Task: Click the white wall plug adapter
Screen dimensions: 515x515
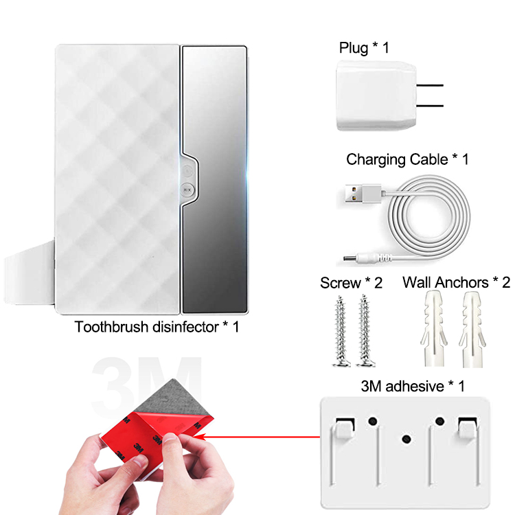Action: click(376, 95)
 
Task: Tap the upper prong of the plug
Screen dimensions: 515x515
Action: click(430, 85)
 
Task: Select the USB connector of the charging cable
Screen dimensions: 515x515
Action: click(363, 194)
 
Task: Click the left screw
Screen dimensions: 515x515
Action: click(341, 331)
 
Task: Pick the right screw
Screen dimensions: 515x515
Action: click(365, 330)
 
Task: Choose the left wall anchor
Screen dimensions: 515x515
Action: click(433, 329)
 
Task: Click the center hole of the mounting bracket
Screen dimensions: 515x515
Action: click(407, 439)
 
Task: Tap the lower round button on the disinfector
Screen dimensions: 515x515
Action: click(187, 190)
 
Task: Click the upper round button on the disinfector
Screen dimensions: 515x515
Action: click(187, 171)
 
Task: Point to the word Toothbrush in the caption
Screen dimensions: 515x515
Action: click(111, 327)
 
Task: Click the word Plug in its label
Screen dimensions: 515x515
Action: click(354, 48)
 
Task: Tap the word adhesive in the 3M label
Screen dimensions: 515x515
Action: click(415, 386)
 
